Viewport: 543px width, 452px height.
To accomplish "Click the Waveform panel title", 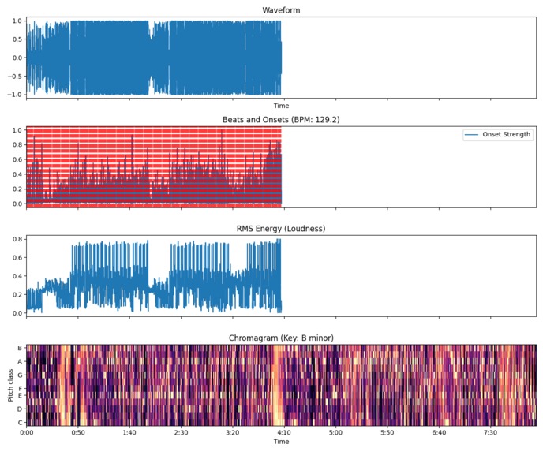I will pos(281,10).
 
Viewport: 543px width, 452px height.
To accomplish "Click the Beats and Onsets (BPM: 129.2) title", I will pos(281,120).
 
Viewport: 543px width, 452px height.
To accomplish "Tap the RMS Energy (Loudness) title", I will pos(281,229).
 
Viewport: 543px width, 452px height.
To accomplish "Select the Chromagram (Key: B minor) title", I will pos(281,338).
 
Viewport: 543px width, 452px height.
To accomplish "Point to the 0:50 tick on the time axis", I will pos(77,432).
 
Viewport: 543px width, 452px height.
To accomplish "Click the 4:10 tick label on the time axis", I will pos(283,432).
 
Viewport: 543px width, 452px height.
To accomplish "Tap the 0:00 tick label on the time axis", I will pos(26,432).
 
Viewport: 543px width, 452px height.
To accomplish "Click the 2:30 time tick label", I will pos(180,432).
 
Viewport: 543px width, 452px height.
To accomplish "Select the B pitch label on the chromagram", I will pos(20,348).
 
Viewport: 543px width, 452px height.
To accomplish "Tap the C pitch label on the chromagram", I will pos(20,422).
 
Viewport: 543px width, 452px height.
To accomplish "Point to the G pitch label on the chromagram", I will pos(20,375).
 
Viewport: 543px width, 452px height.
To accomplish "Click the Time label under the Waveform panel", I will pos(281,106).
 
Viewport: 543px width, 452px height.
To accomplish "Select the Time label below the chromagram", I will pos(281,442).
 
